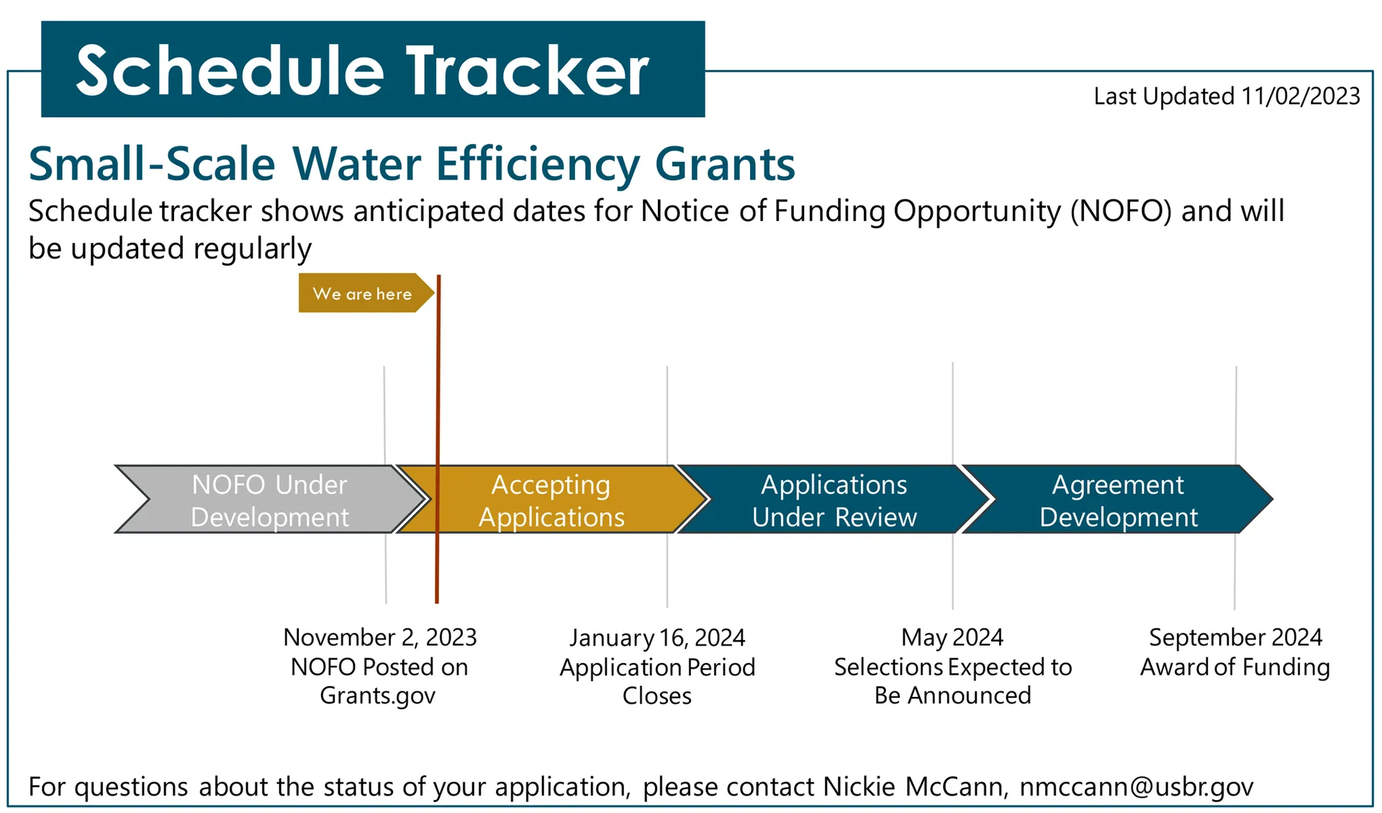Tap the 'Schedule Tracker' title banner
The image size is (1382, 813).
(373, 69)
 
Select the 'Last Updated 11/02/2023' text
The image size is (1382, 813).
(1227, 96)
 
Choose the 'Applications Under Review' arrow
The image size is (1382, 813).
(835, 499)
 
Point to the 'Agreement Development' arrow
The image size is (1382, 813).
(1117, 499)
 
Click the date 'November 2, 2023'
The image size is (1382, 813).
(380, 637)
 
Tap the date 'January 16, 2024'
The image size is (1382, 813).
(657, 638)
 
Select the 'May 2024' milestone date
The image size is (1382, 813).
(952, 637)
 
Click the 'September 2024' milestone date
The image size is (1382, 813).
(1235, 637)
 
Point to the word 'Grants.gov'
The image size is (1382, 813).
(378, 696)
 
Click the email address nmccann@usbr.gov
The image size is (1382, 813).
(1137, 786)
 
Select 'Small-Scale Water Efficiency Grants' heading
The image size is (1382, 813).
(412, 164)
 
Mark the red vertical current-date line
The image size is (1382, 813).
(438, 439)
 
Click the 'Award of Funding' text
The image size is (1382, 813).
(1235, 667)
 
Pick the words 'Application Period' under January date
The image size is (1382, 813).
(657, 667)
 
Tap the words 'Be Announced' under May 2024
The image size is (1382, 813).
(952, 696)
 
